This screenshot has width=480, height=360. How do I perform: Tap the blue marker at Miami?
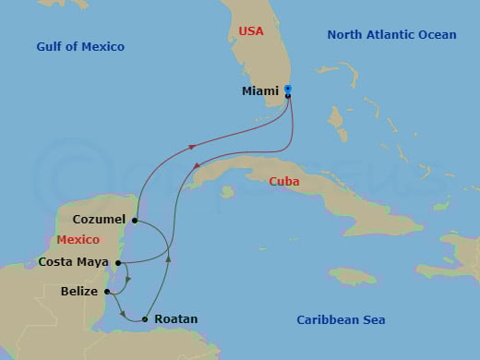(288, 89)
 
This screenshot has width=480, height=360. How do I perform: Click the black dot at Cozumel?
(135, 221)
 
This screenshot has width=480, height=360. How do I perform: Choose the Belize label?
(80, 292)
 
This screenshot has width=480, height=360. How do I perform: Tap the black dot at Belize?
(107, 292)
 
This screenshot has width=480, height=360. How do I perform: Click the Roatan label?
(175, 319)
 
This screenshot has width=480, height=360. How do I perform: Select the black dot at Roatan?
(145, 319)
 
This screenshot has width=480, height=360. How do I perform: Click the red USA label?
(251, 31)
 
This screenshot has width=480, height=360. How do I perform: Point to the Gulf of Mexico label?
(80, 46)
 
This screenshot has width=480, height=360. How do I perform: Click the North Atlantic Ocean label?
(391, 35)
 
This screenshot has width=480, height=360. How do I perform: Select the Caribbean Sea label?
(341, 319)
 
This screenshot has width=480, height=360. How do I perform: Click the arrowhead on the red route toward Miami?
(191, 146)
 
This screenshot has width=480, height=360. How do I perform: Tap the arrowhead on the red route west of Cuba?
(196, 167)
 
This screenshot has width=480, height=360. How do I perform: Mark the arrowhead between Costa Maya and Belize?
(127, 278)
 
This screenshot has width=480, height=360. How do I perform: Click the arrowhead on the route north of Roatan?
(168, 259)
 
